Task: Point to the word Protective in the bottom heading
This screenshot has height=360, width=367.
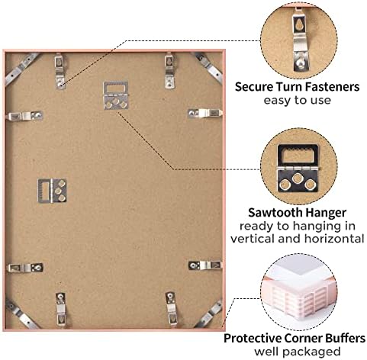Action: pos(253,339)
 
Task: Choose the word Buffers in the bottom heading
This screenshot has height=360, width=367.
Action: pos(346,339)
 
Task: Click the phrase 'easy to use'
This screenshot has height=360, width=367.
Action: pos(297,101)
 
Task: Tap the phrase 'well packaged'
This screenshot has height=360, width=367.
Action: pos(297,352)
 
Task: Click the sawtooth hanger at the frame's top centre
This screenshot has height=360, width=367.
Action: pos(116,95)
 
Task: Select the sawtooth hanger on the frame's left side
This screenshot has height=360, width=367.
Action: pos(53,191)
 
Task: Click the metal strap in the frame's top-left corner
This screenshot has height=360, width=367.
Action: pos(21,67)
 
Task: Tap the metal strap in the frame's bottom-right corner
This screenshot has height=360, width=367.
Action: pos(209,314)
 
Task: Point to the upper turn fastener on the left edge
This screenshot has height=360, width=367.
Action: pos(25,116)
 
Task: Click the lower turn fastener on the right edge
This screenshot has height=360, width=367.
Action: pos(205,265)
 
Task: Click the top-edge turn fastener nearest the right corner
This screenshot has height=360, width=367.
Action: pos(169,71)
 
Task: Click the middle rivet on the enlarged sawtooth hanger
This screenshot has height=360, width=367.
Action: pos(297,178)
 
